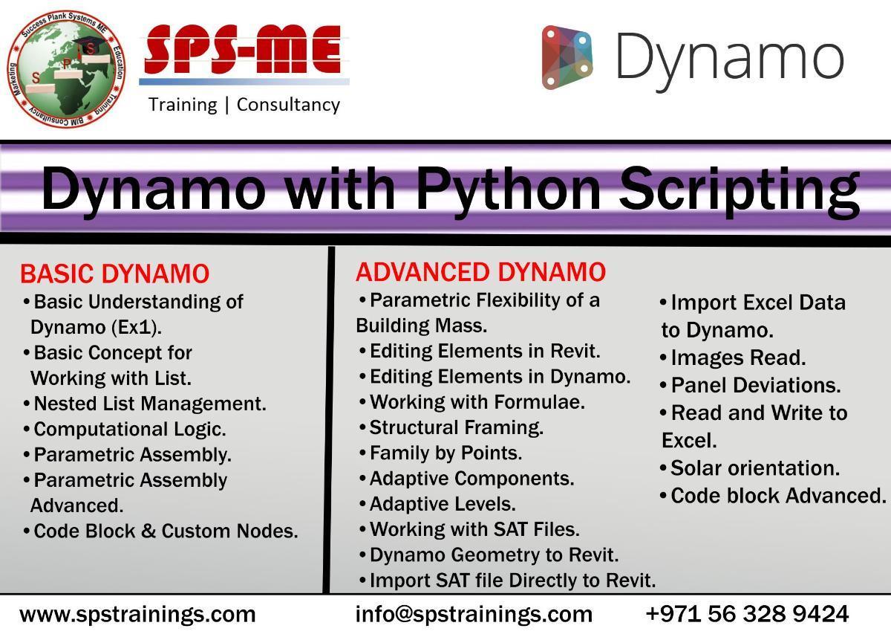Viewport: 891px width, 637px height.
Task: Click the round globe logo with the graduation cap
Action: tap(66, 69)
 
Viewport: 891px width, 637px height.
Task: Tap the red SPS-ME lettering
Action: tap(243, 49)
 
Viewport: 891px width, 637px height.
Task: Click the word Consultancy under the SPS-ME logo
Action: tap(288, 105)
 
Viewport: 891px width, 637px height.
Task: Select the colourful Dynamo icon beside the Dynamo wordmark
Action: tap(567, 58)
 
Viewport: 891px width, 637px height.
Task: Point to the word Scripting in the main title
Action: tap(740, 191)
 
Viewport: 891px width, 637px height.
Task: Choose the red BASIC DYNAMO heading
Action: tap(114, 274)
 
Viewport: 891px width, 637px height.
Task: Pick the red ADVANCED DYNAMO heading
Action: tap(480, 272)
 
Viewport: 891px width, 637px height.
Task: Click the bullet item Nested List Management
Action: tap(145, 404)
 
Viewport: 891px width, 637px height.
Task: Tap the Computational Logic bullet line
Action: tap(125, 429)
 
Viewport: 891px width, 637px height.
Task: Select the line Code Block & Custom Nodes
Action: tap(160, 531)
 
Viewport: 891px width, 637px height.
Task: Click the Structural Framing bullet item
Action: tap(451, 427)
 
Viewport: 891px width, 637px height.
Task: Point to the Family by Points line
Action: tap(440, 453)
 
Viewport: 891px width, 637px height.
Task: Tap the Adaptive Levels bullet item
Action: tap(437, 504)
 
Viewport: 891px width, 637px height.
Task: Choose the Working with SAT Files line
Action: tap(469, 529)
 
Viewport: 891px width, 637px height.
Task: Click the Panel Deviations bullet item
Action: tap(750, 385)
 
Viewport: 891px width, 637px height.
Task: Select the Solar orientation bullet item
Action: tap(750, 468)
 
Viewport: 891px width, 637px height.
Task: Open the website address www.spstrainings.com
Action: tap(137, 614)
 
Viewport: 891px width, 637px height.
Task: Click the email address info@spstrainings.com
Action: tap(474, 614)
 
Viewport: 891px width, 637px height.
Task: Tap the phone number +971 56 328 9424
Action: tap(748, 613)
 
